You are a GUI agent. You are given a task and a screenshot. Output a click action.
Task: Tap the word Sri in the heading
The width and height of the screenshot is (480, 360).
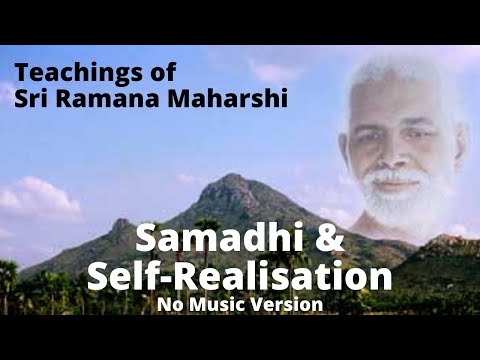[x=31, y=100]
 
